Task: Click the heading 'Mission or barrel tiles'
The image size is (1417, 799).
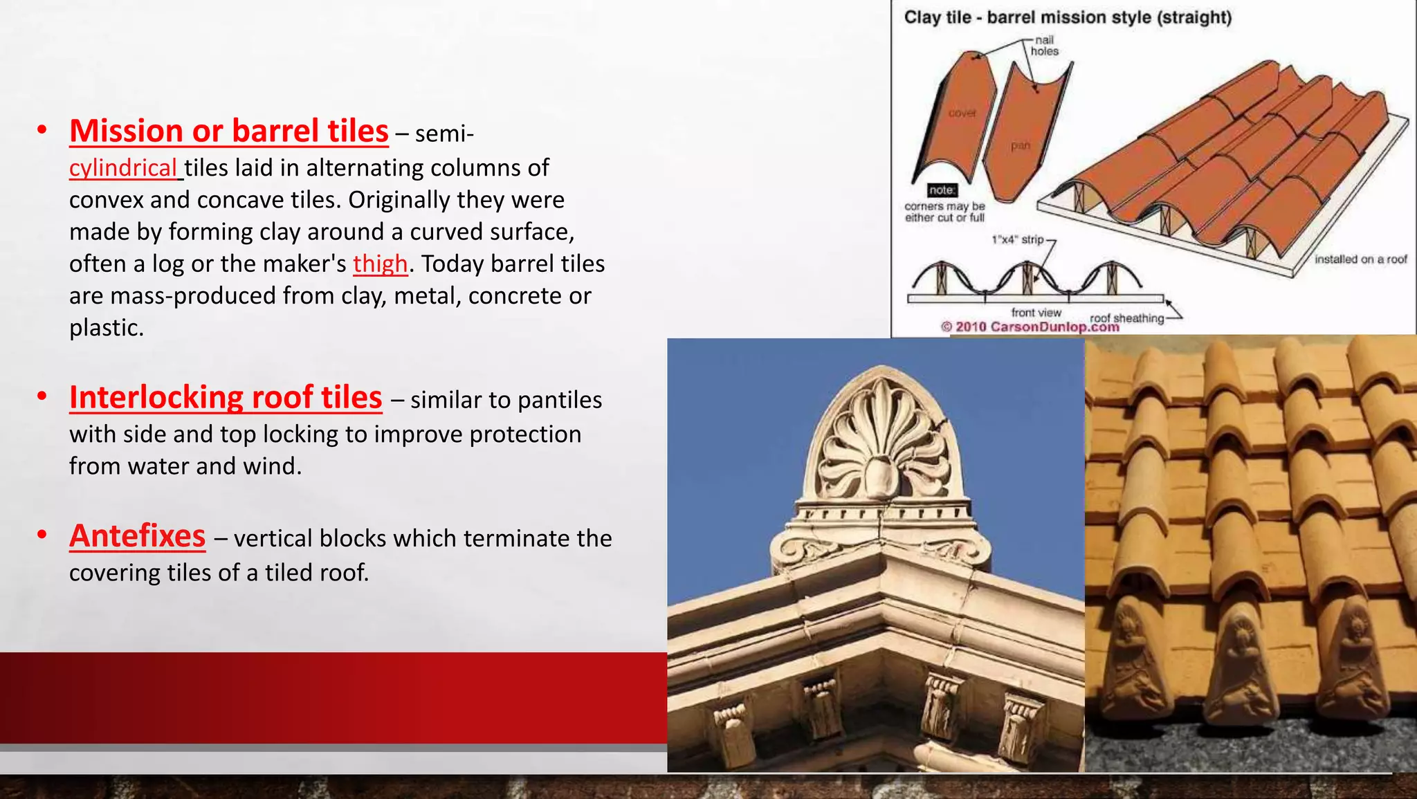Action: click(228, 131)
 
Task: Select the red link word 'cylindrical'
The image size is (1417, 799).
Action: click(123, 167)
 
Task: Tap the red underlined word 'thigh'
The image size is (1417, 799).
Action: click(380, 264)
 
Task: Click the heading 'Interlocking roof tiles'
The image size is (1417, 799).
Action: click(226, 397)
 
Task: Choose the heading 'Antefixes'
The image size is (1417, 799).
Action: click(137, 535)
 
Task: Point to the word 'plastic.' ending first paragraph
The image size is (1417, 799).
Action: click(107, 327)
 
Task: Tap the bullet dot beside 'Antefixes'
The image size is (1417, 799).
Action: click(42, 535)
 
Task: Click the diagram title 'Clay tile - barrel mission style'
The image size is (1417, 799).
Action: click(1067, 17)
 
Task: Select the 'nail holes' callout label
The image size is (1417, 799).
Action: click(1044, 46)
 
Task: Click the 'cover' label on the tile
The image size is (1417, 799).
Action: click(962, 113)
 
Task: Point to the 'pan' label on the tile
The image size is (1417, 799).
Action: click(1020, 145)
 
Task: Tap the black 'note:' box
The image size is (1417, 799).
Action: click(942, 190)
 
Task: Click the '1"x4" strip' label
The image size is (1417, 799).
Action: click(1017, 239)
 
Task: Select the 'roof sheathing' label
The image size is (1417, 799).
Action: click(1126, 318)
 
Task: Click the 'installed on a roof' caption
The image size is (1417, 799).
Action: click(1360, 259)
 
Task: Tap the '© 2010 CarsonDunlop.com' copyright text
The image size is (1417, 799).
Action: click(1030, 327)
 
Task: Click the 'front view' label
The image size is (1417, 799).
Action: click(1036, 313)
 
